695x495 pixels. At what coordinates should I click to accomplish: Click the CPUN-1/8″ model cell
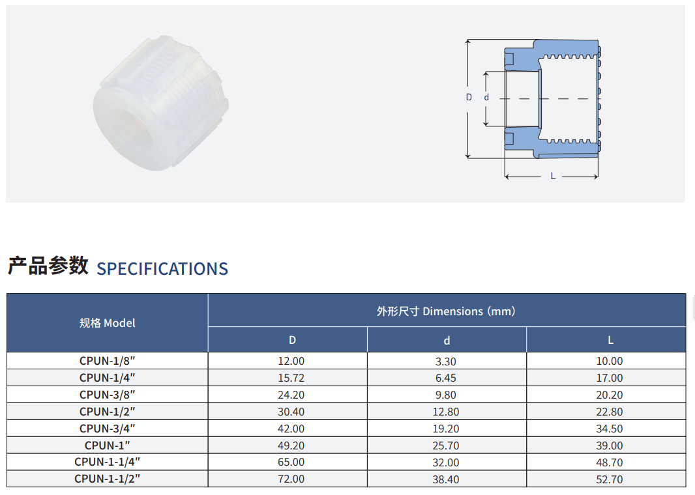point(108,361)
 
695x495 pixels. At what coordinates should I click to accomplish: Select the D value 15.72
point(291,378)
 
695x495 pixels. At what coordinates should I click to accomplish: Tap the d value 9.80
point(446,395)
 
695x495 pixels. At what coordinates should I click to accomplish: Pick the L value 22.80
point(610,412)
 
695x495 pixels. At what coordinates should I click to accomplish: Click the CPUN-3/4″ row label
point(108,428)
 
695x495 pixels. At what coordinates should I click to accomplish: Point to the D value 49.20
point(291,445)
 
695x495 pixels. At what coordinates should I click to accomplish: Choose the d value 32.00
point(446,462)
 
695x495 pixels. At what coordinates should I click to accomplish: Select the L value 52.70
point(610,479)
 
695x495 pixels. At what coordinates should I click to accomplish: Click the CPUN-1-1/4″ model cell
point(108,462)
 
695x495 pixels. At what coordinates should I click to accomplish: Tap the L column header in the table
point(610,340)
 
